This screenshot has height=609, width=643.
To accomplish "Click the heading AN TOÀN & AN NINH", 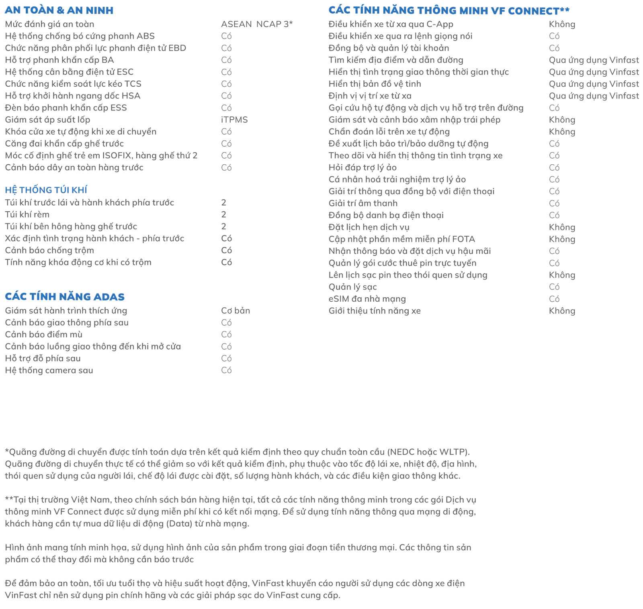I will click(59, 10).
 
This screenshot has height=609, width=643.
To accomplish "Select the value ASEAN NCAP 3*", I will click(257, 24).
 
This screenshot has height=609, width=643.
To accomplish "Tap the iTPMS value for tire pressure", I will click(234, 120).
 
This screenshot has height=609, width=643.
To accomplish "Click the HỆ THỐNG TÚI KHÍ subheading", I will click(46, 190).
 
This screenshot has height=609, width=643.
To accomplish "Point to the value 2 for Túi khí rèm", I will click(223, 215).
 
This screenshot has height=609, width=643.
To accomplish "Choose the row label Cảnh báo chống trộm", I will click(49, 250).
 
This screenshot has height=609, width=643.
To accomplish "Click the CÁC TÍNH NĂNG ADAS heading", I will click(65, 297).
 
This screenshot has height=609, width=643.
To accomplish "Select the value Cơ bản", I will click(235, 311).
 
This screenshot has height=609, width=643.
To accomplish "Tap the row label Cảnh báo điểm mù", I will click(43, 334).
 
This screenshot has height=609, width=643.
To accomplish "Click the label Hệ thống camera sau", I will click(49, 370).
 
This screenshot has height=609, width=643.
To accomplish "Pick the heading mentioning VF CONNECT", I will click(449, 10).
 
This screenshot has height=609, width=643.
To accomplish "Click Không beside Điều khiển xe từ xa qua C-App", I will click(562, 24).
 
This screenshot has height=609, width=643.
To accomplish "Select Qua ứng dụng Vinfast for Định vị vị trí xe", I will click(594, 96).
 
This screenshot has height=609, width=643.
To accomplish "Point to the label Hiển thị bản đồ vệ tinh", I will click(375, 84).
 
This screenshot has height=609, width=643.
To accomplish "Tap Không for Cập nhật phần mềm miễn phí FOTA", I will click(562, 239).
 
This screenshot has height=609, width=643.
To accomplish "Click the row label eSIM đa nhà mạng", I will click(367, 299).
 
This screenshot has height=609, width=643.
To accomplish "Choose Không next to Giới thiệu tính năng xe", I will click(562, 311).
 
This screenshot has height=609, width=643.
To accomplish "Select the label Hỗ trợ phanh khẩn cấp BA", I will click(59, 60).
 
